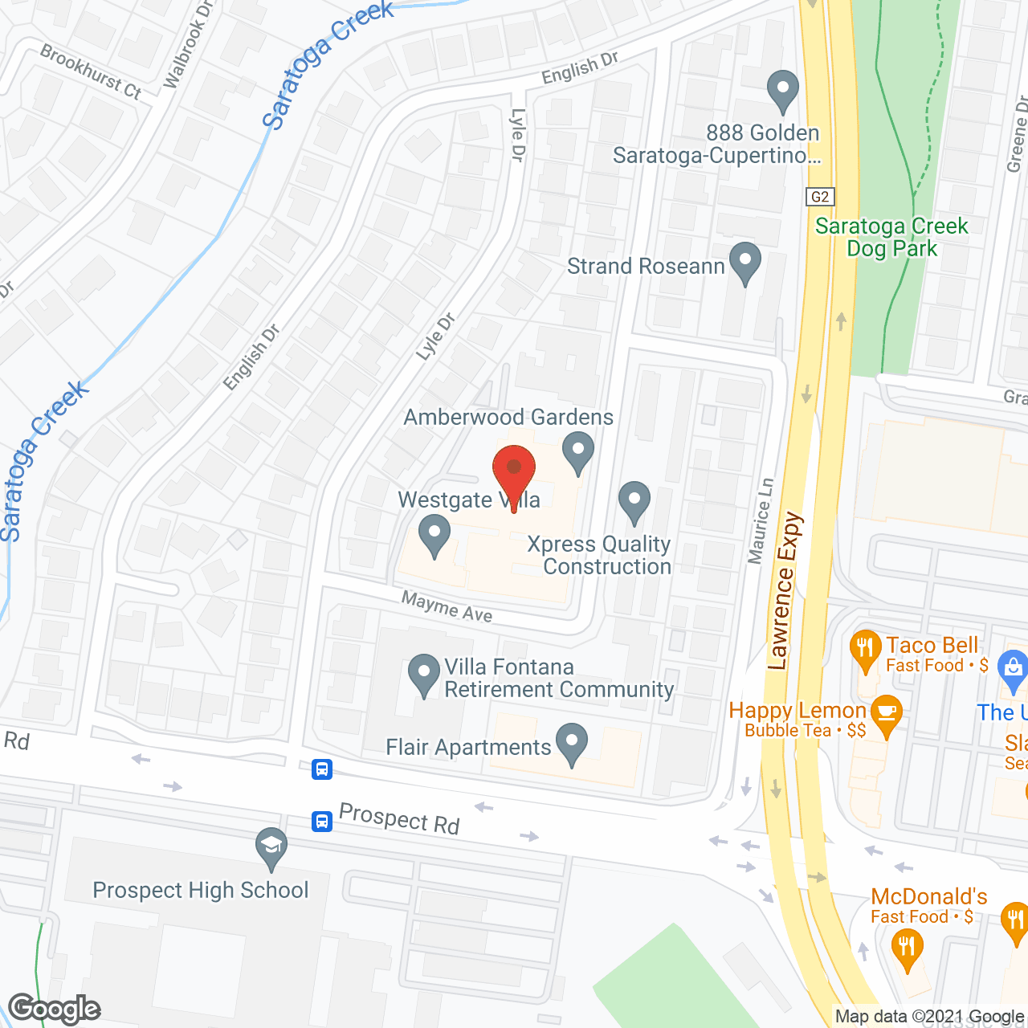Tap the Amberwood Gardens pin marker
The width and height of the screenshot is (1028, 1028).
(x=577, y=451)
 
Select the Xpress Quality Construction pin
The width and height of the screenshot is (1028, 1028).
(x=634, y=501)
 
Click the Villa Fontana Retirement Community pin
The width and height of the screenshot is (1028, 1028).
(x=424, y=675)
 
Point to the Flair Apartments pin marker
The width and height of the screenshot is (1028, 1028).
(x=572, y=744)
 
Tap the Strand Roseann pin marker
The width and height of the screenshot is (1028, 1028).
(x=745, y=263)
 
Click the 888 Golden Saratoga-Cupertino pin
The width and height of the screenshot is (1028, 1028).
(x=783, y=91)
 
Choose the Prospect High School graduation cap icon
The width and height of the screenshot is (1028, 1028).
(x=271, y=846)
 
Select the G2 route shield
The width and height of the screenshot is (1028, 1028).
(x=820, y=197)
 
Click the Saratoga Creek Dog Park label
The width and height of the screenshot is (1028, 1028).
(x=891, y=238)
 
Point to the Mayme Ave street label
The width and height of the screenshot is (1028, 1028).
(x=447, y=607)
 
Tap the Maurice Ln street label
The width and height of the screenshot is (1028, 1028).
(x=761, y=520)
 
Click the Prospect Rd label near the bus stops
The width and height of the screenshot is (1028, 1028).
(x=399, y=818)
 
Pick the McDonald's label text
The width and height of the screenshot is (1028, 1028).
(x=929, y=896)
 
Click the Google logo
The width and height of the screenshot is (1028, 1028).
(x=55, y=1009)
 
